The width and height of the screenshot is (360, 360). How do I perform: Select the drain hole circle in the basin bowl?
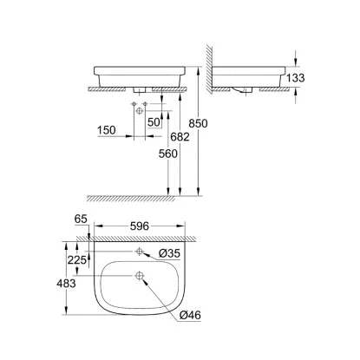139,277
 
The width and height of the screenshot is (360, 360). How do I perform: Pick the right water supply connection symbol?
145,104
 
